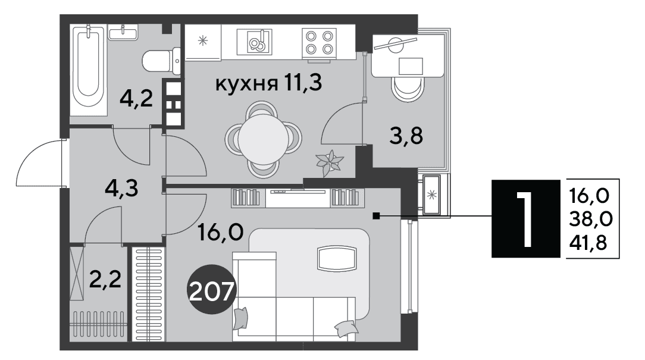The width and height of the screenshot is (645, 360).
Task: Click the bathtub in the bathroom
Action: tap(88, 70)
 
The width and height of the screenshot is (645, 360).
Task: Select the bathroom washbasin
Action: tap(123, 32)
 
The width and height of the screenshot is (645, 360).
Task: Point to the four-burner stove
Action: tap(319, 42)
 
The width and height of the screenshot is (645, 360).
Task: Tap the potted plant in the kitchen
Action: tap(330, 162)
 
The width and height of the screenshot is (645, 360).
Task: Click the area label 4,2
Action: tap(136, 99)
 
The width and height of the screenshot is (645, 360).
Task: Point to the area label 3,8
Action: tap(406, 135)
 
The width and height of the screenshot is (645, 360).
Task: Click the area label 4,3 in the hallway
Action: tap(121, 189)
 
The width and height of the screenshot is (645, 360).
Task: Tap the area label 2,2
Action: tap(105, 280)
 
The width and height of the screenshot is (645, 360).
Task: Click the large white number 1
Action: tap(525, 218)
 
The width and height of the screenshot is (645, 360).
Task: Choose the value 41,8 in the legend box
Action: tap(588, 243)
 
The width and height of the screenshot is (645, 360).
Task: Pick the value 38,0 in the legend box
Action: tap(591, 220)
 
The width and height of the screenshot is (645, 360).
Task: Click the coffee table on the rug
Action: tap(336, 258)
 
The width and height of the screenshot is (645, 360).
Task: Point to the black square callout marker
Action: tap(375, 215)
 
